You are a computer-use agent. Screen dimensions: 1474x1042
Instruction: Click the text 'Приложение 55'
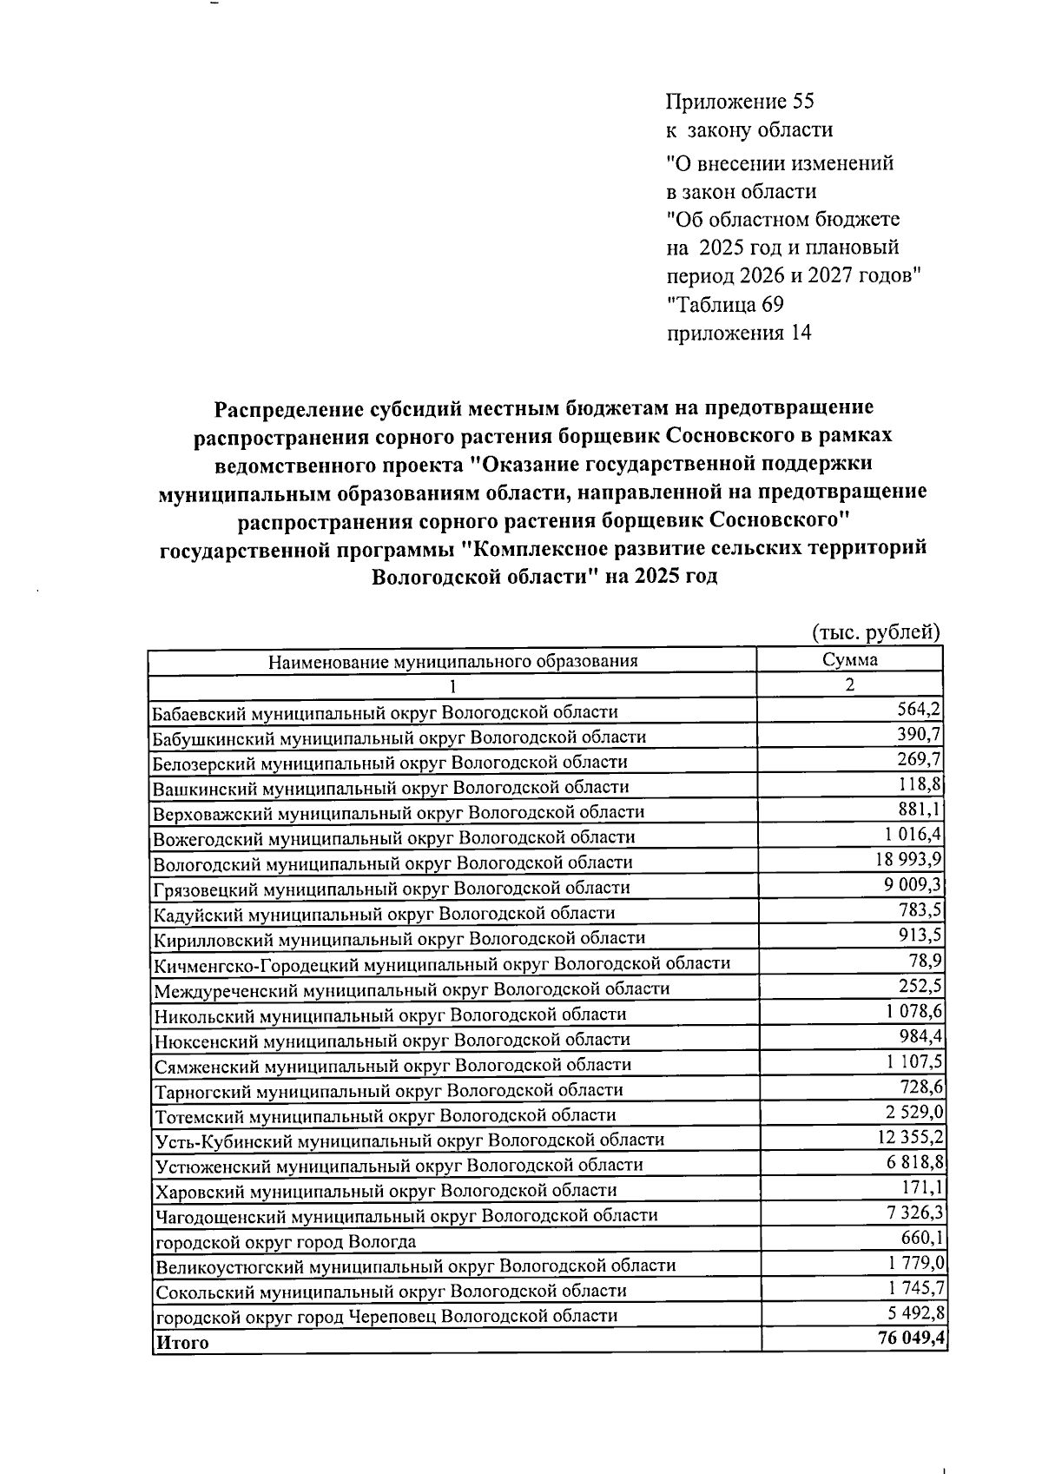tap(739, 102)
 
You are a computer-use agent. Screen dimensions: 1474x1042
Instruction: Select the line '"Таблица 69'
tap(725, 305)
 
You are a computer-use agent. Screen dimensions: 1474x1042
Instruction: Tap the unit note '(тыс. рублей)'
tap(875, 631)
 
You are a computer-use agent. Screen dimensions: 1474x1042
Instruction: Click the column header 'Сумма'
tap(849, 659)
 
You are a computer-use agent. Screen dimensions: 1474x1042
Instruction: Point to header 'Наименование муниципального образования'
tap(452, 661)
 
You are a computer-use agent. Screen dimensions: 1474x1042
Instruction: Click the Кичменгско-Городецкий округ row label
tap(442, 963)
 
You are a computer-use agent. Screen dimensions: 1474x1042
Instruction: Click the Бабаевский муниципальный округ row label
tap(385, 712)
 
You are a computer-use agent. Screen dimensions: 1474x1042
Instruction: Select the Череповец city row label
tap(386, 1316)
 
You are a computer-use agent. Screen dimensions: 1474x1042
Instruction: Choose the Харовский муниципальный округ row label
tap(386, 1191)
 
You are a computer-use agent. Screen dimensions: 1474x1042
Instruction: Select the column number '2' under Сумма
tap(849, 684)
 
